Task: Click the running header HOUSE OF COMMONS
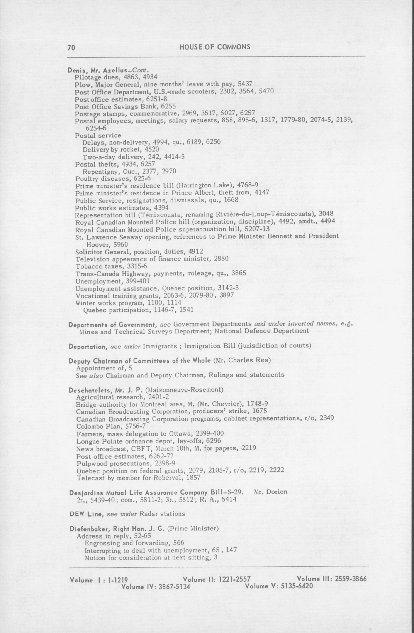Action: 215,47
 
